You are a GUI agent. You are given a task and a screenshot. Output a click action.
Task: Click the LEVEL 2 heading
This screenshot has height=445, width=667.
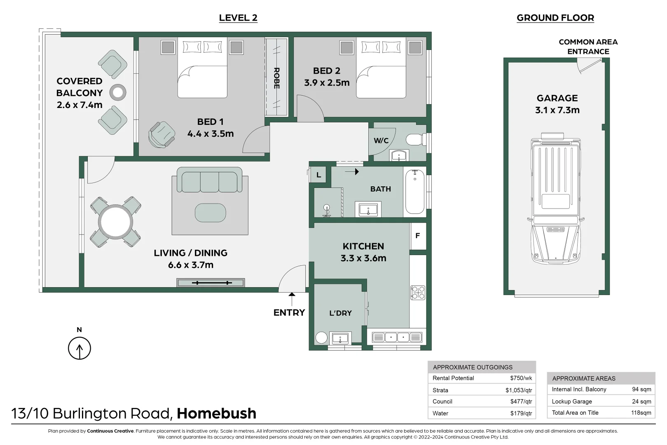238,18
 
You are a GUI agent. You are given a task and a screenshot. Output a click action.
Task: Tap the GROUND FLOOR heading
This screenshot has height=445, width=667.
555,18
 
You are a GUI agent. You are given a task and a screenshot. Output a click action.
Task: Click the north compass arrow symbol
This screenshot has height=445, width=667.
80,348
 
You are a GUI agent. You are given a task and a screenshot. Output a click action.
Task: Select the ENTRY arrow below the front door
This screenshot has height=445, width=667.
292,299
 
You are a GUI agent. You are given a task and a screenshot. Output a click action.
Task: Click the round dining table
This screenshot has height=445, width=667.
115,222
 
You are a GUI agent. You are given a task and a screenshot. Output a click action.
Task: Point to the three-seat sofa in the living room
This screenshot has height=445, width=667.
209,180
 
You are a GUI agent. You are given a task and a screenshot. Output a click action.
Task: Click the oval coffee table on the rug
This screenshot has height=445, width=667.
210,213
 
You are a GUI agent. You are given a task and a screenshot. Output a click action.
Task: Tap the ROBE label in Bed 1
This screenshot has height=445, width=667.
276,78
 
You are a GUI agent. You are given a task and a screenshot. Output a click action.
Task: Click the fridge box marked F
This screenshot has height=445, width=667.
418,236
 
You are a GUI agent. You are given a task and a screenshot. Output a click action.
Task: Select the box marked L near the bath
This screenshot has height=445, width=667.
318,175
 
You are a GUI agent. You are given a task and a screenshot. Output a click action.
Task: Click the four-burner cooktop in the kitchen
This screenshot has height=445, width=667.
418,293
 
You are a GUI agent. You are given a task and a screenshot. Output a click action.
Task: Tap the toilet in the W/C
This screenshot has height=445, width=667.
415,139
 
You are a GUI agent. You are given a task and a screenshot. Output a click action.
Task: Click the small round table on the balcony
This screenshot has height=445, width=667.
118,92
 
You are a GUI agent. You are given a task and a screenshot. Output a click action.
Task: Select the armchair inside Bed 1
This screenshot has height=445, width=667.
161,134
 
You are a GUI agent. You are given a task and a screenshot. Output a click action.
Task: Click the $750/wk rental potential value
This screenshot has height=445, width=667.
521,378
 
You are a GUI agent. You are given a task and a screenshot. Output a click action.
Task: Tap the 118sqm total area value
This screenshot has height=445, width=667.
641,412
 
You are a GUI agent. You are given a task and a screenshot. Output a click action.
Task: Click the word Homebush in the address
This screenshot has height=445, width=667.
217,413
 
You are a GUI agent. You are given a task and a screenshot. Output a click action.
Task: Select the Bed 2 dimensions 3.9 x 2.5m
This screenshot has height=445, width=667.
327,82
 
